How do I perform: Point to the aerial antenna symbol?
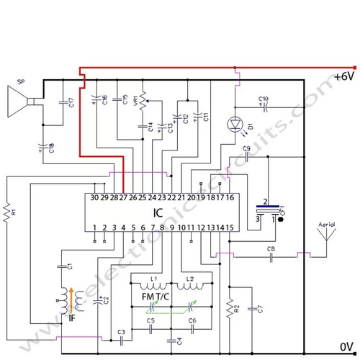pos(325,238)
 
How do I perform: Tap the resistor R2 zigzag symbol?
pos(230,309)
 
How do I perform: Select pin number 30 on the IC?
pos(94,197)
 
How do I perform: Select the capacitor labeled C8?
pos(271,255)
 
